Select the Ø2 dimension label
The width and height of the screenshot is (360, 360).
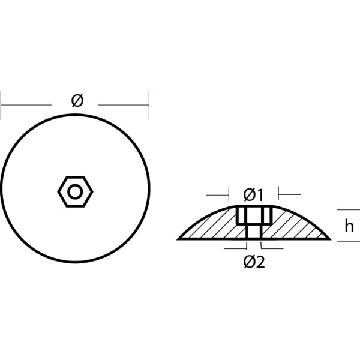(254, 262)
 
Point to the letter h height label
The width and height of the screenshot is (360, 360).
(349, 226)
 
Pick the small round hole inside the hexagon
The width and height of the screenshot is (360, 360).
(76, 191)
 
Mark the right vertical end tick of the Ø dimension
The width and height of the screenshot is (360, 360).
(149, 105)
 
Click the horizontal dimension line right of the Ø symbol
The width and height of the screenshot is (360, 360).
(123, 105)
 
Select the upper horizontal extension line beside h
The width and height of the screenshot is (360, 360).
(348, 210)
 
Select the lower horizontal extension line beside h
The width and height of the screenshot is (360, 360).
(348, 241)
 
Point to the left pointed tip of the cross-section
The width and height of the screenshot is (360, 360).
(178, 238)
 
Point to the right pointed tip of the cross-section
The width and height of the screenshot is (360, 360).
(329, 238)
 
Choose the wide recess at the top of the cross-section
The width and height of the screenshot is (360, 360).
(254, 215)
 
